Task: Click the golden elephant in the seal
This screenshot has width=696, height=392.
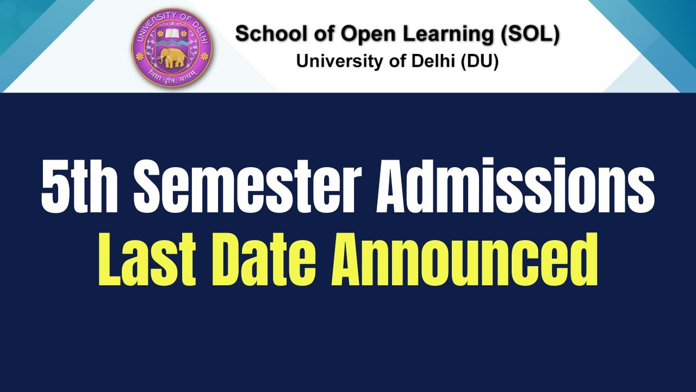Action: pyautogui.click(x=173, y=58)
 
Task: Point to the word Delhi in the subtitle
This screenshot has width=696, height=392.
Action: pyautogui.click(x=433, y=61)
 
